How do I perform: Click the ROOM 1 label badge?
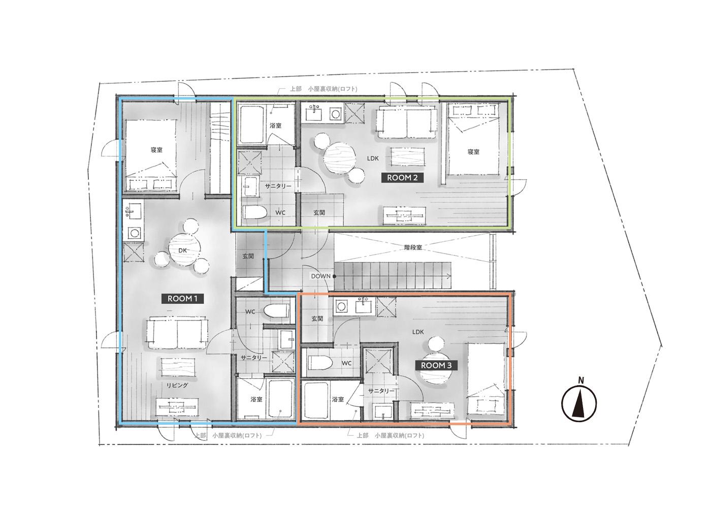point(182,299)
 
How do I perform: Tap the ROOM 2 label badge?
point(402,178)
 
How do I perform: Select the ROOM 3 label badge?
point(436,365)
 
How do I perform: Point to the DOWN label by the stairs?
point(320,276)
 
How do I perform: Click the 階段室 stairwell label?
point(413,247)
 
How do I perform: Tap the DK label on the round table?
point(182,250)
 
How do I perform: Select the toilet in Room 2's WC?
point(254,212)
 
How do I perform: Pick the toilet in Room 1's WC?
point(276,311)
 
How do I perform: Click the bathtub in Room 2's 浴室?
point(252,125)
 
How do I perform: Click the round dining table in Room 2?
point(339,158)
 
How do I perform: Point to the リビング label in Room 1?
point(177,386)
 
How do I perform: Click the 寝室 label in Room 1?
point(156,149)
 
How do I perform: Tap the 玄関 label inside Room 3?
point(317,319)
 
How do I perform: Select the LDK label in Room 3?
point(418,332)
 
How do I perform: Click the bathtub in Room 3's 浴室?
point(316,401)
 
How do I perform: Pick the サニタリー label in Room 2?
point(278,186)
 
